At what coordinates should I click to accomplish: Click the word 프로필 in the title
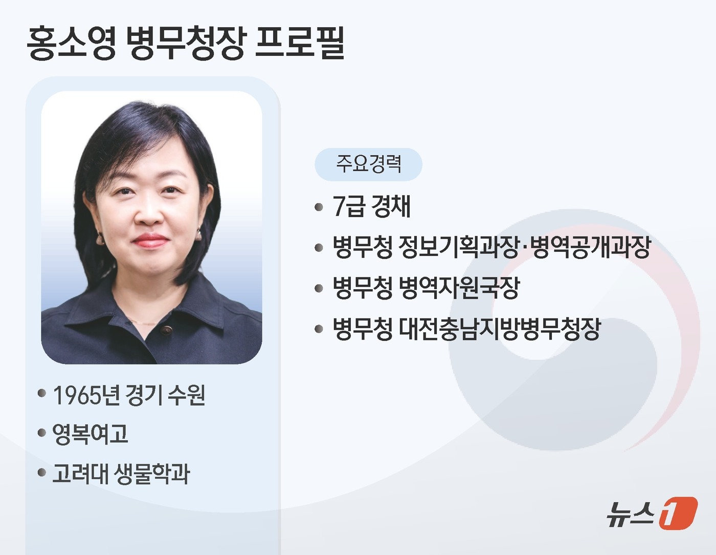click(300, 42)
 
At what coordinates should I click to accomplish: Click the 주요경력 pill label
click(368, 164)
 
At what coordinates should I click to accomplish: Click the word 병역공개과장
click(591, 247)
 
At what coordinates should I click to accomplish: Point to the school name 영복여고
click(90, 434)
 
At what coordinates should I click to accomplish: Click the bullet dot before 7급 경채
click(319, 207)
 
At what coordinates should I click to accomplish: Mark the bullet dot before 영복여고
click(42, 433)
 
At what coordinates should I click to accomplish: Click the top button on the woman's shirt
click(166, 330)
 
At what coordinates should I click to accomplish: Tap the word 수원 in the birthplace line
click(186, 395)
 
